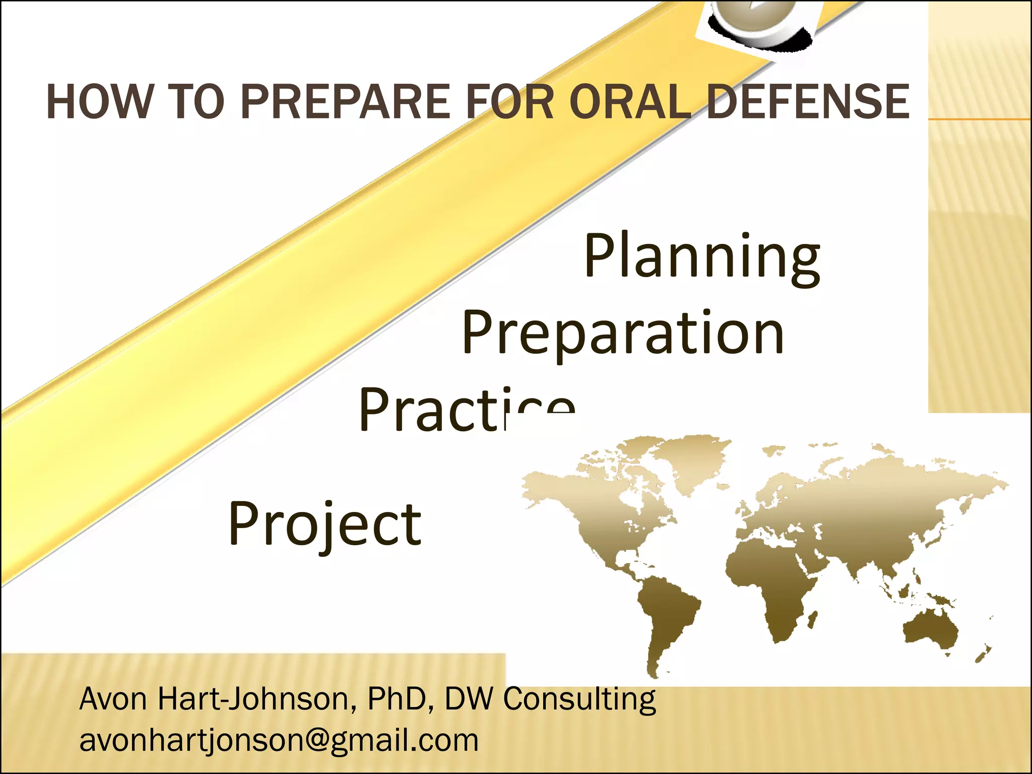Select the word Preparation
[x=623, y=333]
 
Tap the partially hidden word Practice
[x=466, y=411]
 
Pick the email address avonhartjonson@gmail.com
[x=279, y=740]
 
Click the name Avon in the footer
[x=113, y=699]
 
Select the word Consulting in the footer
[x=579, y=699]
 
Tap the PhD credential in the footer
[x=396, y=699]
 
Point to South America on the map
[x=665, y=615]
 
